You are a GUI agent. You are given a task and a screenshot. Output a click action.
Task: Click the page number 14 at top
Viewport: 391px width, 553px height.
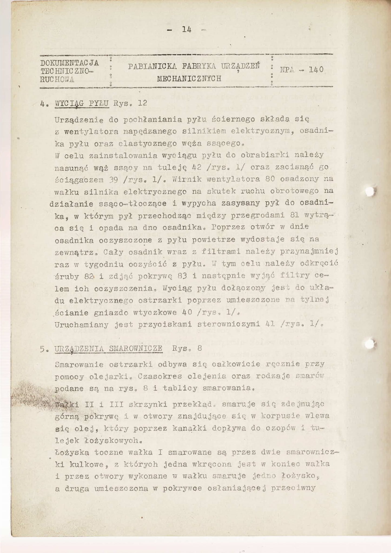pyautogui.click(x=187, y=29)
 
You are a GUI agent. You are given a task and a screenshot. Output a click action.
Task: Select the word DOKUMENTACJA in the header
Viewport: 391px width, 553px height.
pyautogui.click(x=69, y=63)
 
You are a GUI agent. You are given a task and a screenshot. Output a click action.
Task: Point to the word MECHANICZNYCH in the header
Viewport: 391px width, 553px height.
pyautogui.click(x=189, y=79)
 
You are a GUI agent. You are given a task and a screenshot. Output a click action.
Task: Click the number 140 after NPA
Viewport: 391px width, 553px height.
pyautogui.click(x=316, y=69)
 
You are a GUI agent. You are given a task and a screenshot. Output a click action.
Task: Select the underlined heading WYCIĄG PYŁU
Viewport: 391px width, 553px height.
pyautogui.click(x=82, y=104)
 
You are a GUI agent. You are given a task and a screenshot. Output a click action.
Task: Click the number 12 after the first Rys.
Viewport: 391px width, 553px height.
pyautogui.click(x=142, y=103)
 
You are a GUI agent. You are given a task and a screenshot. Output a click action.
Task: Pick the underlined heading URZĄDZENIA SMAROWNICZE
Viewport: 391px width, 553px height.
pyautogui.click(x=108, y=349)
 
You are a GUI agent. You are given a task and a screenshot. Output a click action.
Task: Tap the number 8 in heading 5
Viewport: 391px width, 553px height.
pyautogui.click(x=200, y=348)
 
